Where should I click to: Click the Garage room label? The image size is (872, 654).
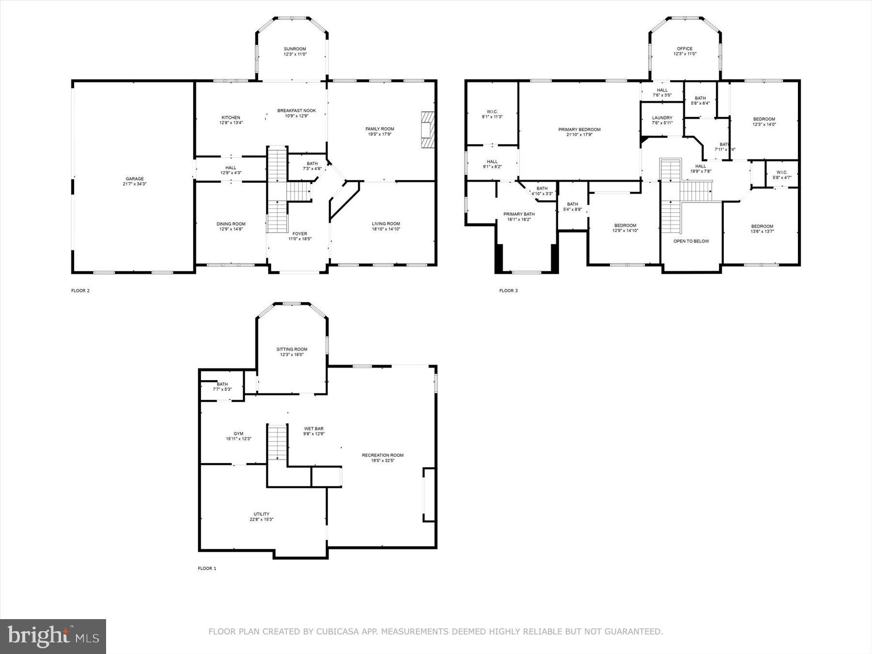135,179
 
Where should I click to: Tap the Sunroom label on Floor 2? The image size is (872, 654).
295,49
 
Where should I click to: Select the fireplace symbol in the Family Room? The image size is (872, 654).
427,129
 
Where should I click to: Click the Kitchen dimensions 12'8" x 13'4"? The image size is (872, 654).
231,123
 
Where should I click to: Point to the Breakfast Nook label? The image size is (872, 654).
296,110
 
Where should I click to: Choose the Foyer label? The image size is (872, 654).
300,234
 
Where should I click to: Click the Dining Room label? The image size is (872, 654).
231,224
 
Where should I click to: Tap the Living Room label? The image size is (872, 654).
386,224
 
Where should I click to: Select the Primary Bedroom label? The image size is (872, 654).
579,129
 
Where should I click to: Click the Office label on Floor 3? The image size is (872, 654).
685,48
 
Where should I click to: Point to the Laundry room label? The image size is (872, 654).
662,118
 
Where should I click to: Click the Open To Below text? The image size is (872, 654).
691,241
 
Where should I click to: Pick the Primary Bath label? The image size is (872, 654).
519,214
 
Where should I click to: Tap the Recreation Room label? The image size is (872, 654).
383,455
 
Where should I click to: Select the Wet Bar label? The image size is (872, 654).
314,428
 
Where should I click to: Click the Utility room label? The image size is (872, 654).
262,514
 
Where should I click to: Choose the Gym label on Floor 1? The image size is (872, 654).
238,434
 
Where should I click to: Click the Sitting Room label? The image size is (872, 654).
292,349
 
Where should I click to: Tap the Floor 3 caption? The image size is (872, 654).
509,291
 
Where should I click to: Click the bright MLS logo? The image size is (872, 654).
53,637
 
